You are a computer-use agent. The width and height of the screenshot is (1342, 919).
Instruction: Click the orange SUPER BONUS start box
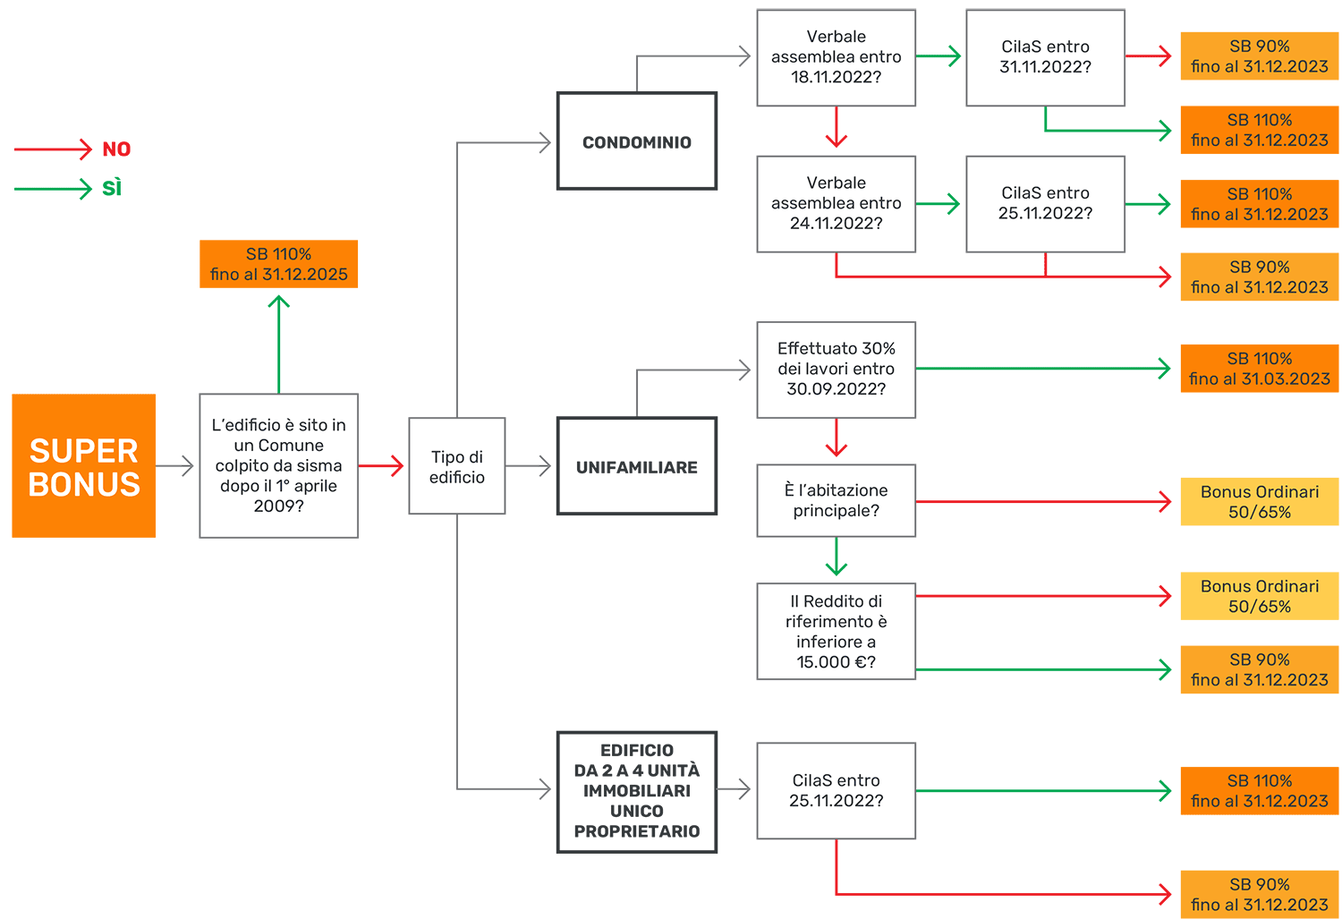coord(84,465)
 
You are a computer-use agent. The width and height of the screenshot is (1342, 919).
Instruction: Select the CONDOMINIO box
coord(637,140)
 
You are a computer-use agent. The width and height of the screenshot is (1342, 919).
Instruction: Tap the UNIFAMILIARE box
coord(637,465)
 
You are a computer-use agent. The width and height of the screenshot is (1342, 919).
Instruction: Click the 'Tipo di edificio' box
coord(457,465)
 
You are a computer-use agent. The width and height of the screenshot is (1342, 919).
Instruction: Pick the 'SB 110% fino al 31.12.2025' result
coord(278,264)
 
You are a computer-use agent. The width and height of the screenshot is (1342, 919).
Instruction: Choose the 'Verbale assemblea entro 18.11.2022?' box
coord(837,57)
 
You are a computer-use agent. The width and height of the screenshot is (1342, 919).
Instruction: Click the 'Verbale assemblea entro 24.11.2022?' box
coord(837,204)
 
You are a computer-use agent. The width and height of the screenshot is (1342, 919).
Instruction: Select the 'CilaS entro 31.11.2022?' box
coord(1046,57)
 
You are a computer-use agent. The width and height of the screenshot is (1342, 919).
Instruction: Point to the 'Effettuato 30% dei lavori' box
coord(837,370)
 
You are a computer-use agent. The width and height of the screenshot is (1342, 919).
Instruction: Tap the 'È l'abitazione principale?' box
coord(837,500)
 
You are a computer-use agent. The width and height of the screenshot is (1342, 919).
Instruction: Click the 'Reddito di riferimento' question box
coord(837,632)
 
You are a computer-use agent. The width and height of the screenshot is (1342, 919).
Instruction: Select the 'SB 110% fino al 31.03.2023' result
coord(1260,369)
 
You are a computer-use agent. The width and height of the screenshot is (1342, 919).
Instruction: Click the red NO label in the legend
coord(116,149)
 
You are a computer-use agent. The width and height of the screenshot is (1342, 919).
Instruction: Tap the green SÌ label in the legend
coord(112,188)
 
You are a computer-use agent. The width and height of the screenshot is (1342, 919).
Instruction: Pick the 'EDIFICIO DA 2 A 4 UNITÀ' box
coord(637,792)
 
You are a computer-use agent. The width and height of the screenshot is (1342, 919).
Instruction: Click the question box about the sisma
coord(278,465)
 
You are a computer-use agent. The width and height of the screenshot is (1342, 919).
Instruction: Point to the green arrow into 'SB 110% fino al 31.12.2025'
coord(278,344)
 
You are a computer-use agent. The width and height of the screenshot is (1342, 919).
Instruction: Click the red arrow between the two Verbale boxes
coord(837,126)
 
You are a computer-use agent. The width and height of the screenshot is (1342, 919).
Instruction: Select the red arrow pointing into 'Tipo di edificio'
coord(381,465)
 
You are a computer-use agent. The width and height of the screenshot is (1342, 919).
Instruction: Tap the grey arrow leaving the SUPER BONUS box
coord(174,465)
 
